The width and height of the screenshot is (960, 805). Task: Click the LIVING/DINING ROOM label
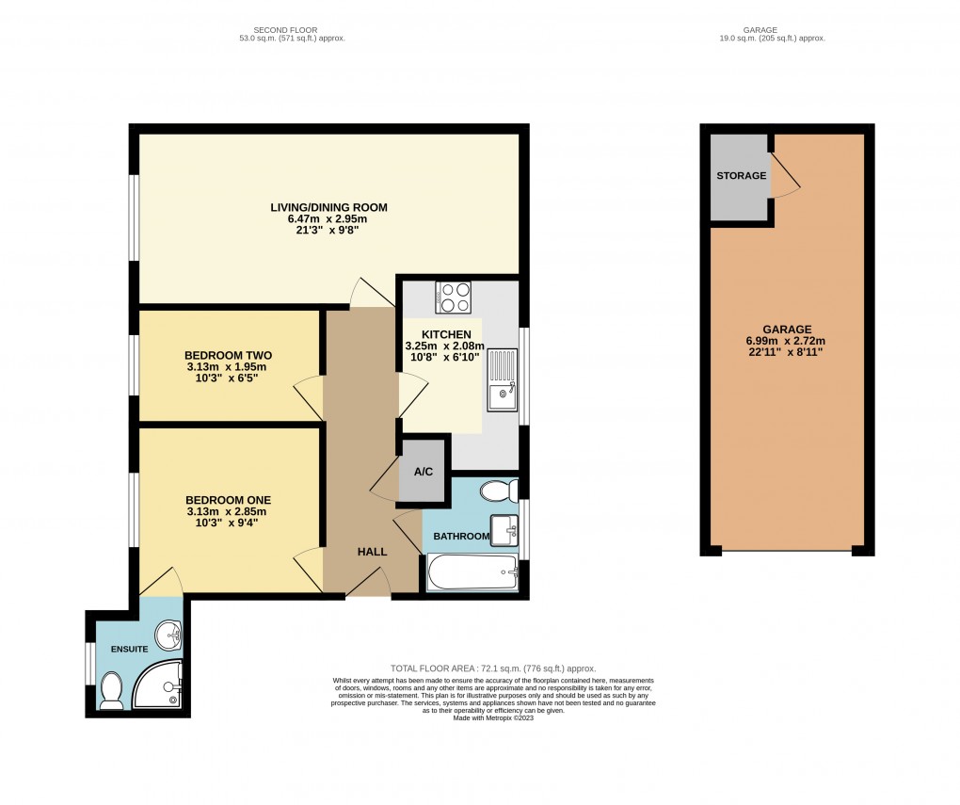(328, 207)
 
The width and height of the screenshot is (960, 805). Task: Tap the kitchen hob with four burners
(454, 298)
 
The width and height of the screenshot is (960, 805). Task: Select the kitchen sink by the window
(503, 379)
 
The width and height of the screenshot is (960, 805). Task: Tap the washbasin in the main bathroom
(504, 530)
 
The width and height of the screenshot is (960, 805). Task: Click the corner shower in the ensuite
(157, 685)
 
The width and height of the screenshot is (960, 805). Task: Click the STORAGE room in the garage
(741, 176)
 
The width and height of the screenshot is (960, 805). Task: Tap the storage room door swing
(783, 177)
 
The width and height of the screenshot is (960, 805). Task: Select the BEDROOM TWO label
(227, 355)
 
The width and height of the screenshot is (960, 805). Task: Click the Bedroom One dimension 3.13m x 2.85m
(227, 512)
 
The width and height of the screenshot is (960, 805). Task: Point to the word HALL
(372, 552)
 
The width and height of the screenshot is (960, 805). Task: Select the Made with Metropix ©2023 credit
(493, 717)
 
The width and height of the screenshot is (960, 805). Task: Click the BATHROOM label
(461, 537)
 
